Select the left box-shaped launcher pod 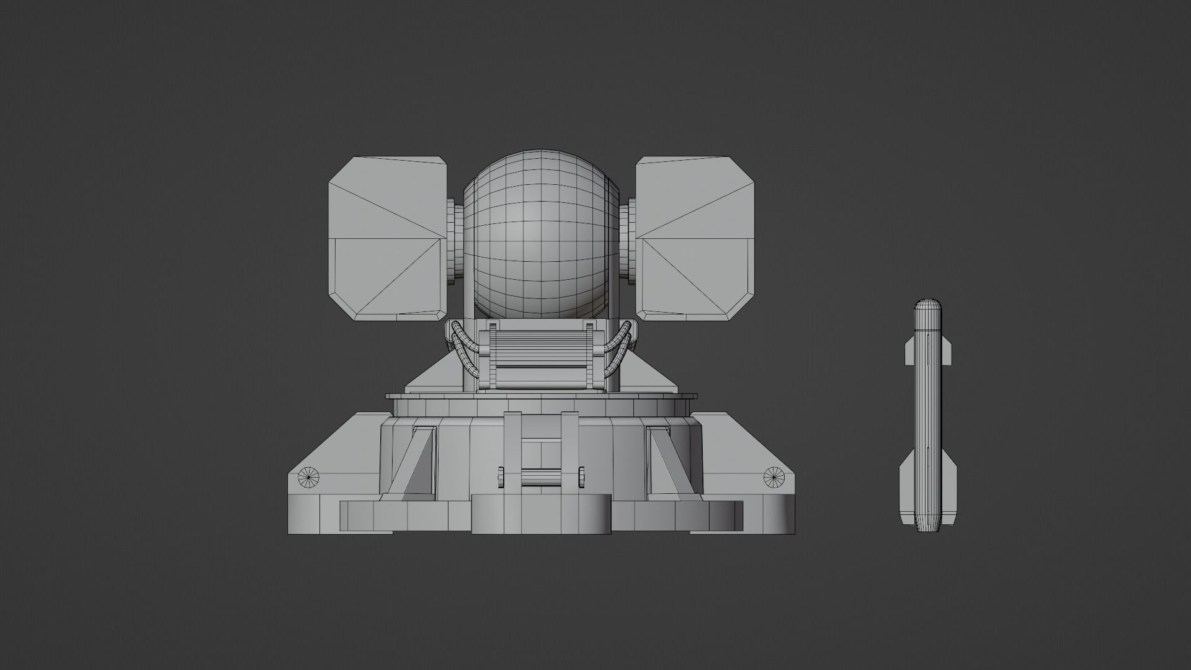click(x=387, y=239)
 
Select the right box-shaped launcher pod click(x=695, y=239)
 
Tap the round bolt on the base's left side click(x=308, y=476)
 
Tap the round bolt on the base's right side click(x=773, y=476)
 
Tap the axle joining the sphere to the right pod click(x=627, y=239)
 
